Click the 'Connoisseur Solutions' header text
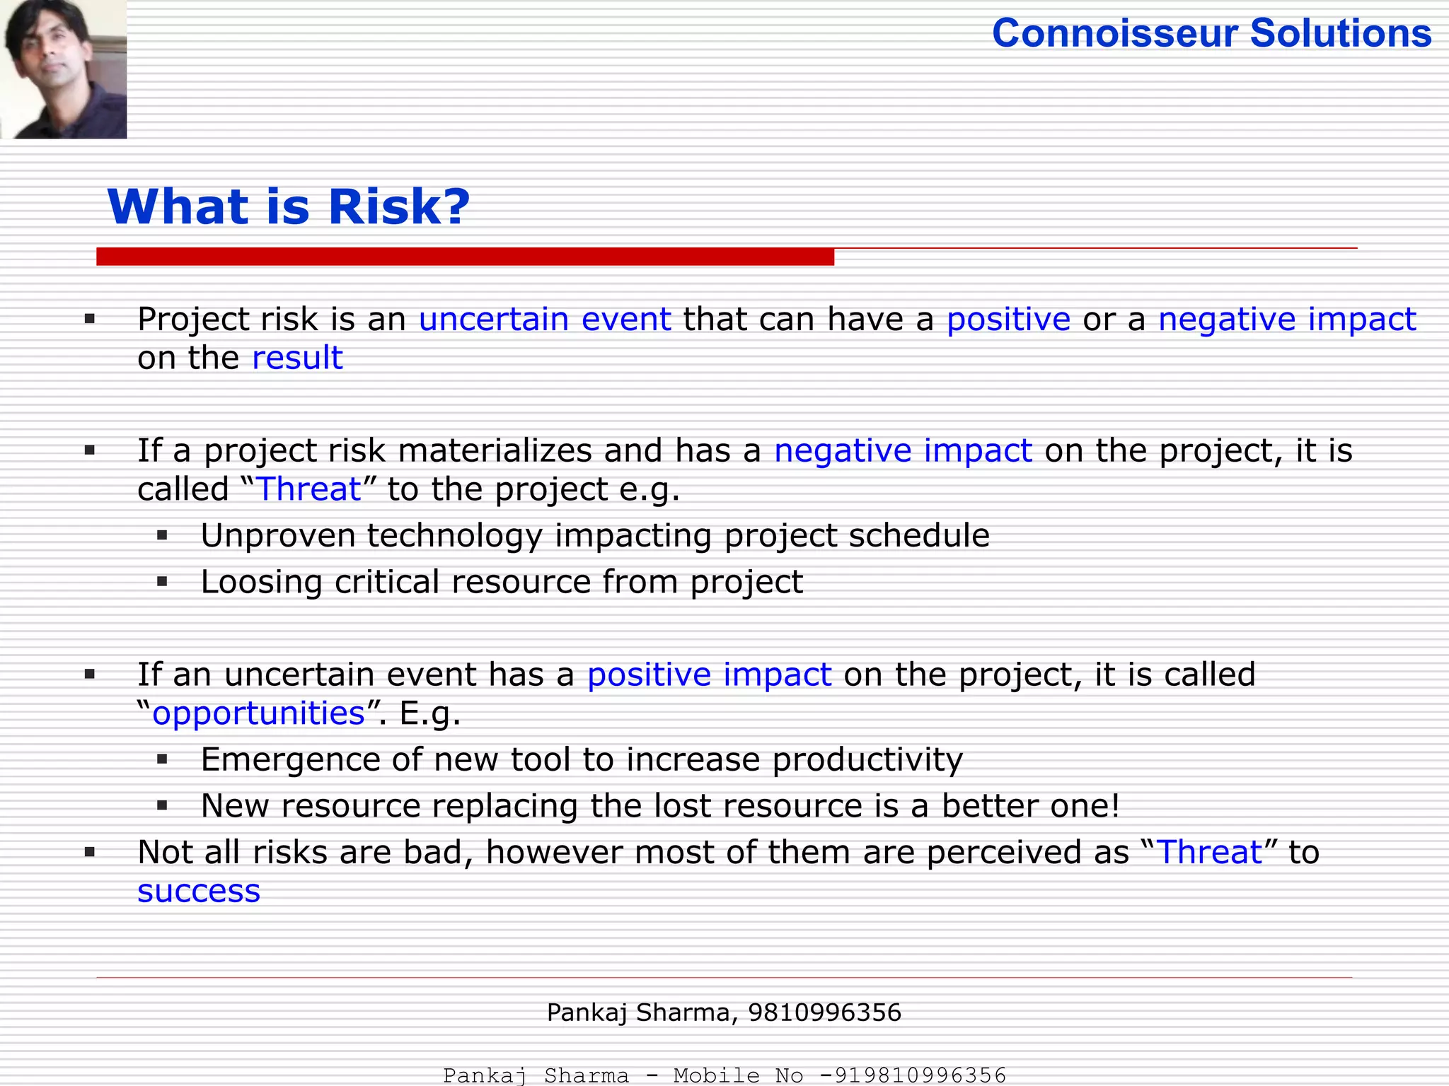click(x=1211, y=33)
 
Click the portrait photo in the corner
click(x=63, y=69)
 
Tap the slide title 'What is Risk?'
click(x=289, y=207)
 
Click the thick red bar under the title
click(x=465, y=257)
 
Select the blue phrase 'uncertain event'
click(x=545, y=319)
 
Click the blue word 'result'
click(x=297, y=358)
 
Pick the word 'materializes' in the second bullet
click(x=495, y=450)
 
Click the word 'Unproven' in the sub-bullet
click(x=277, y=535)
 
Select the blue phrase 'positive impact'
click(x=709, y=675)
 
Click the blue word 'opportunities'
click(x=258, y=713)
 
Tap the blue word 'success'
click(x=199, y=891)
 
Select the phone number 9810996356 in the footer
click(x=824, y=1012)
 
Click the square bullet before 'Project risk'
click(x=90, y=320)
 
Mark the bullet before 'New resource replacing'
click(x=162, y=805)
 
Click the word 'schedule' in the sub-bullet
click(x=918, y=535)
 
